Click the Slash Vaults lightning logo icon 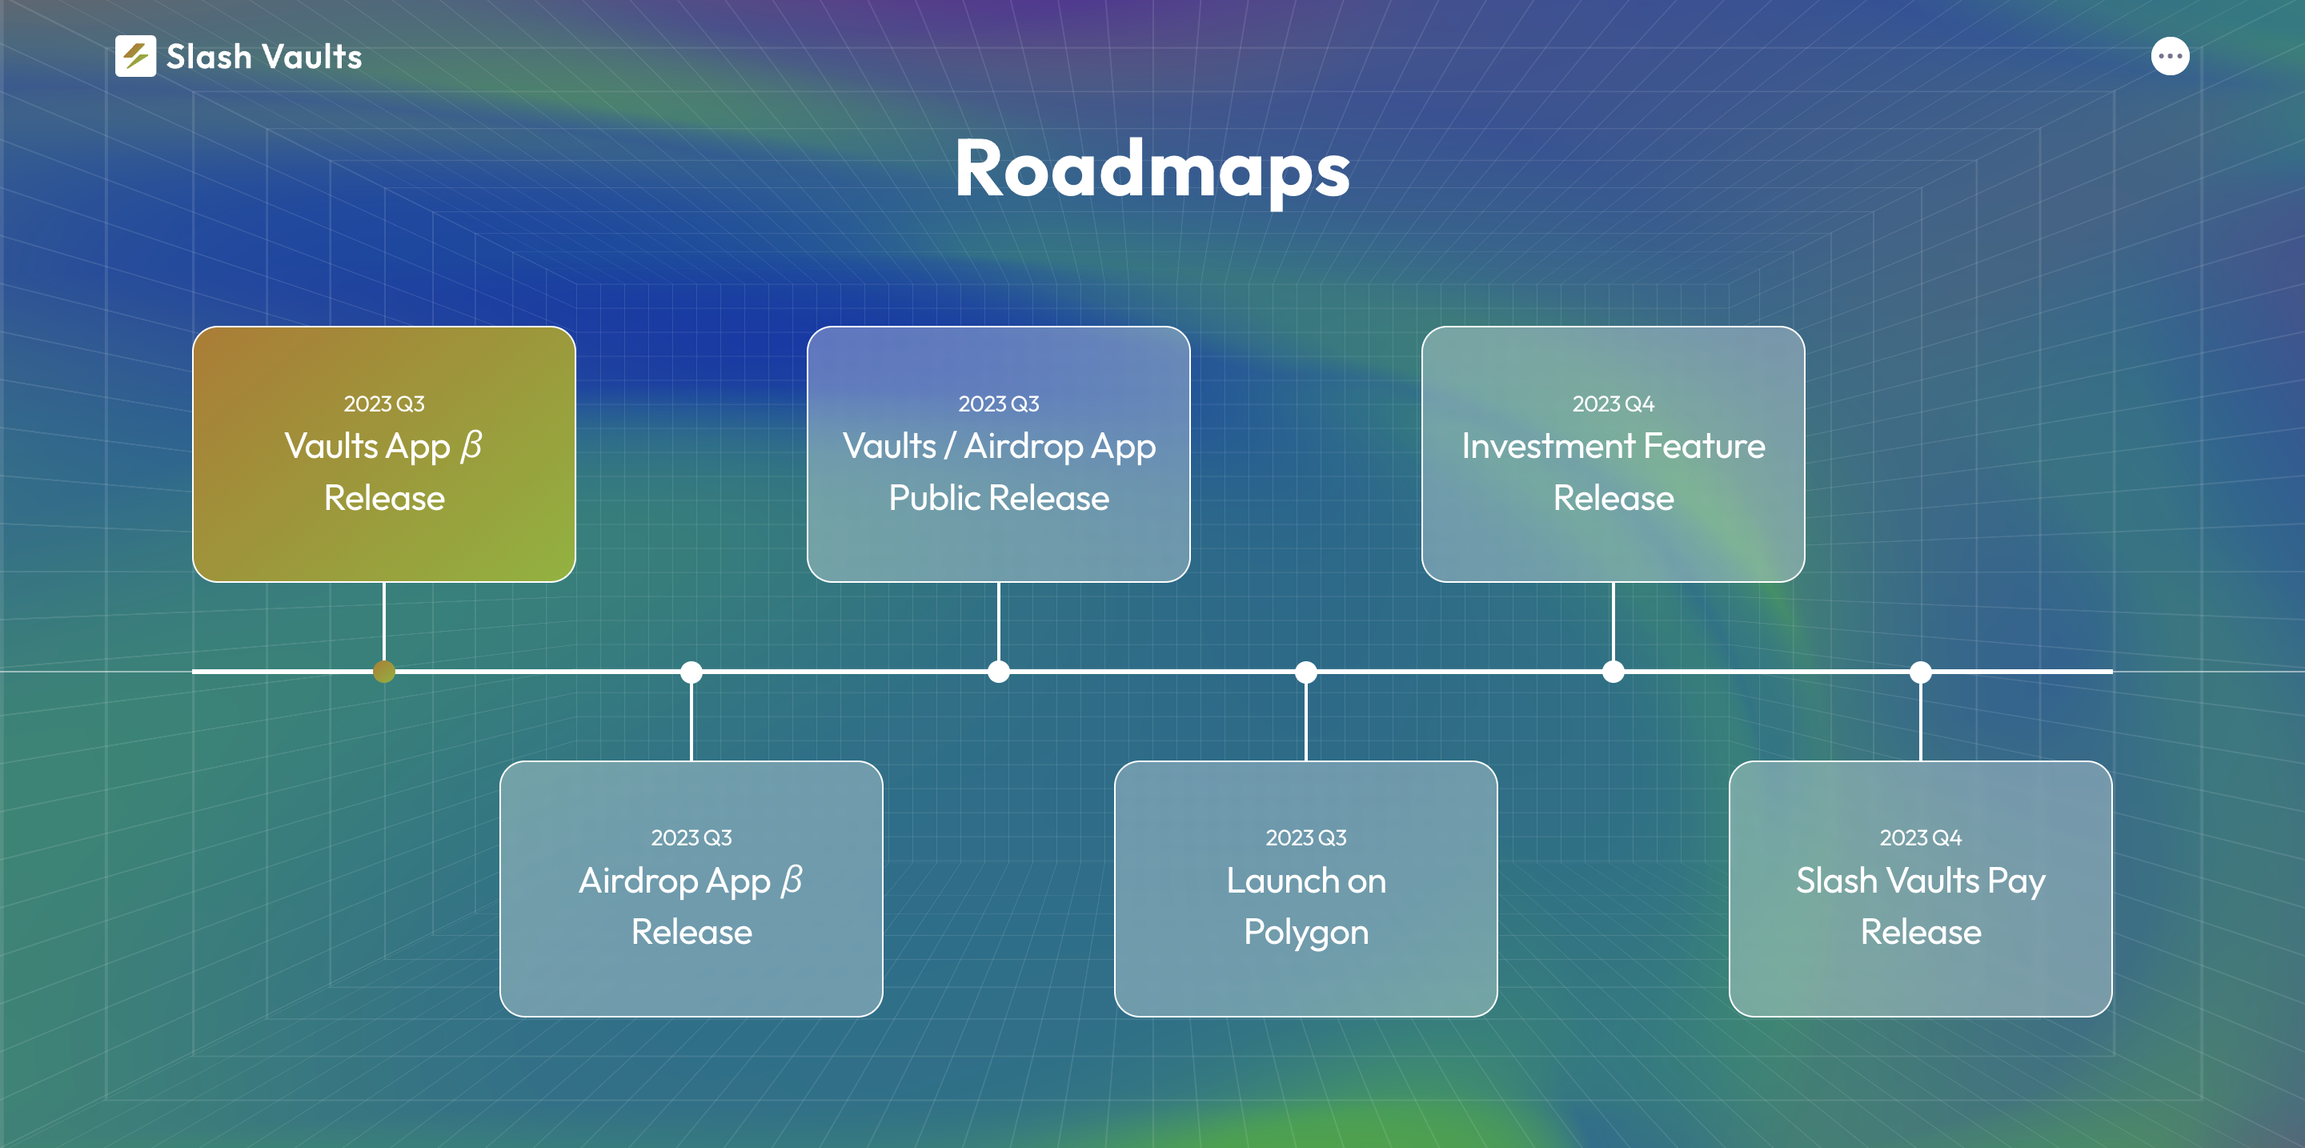[135, 56]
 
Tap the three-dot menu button [2170, 56]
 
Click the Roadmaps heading [1152, 170]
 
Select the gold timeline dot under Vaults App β [384, 671]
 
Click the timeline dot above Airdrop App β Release [691, 671]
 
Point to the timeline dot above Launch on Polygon [1306, 671]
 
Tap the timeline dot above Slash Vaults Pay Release [1921, 671]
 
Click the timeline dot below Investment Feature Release [1613, 671]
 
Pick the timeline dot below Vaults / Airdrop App [999, 671]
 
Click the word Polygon [1306, 933]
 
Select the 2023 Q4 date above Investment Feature [1613, 403]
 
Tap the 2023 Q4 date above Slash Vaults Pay [1921, 837]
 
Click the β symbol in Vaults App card [471, 447]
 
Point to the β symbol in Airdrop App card [792, 881]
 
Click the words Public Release [999, 499]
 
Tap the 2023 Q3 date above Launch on [1306, 837]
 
